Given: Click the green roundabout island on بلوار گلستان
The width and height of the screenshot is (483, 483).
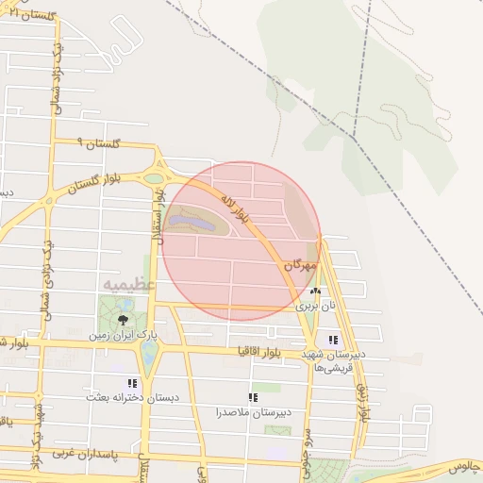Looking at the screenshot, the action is [154, 177].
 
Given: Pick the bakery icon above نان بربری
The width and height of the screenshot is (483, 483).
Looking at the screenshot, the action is [316, 291].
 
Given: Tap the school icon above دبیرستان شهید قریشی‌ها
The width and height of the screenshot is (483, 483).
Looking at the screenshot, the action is [332, 340].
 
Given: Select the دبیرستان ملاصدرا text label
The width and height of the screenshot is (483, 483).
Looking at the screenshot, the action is [252, 412].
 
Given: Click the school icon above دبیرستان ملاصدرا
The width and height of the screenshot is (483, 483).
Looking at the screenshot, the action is [252, 397].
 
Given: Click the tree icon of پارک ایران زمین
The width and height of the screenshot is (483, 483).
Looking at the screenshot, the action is [123, 320].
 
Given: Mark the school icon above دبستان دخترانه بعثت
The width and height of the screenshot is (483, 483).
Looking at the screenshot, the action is [132, 383].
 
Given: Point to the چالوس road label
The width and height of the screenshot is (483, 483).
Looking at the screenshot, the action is [464, 467].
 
